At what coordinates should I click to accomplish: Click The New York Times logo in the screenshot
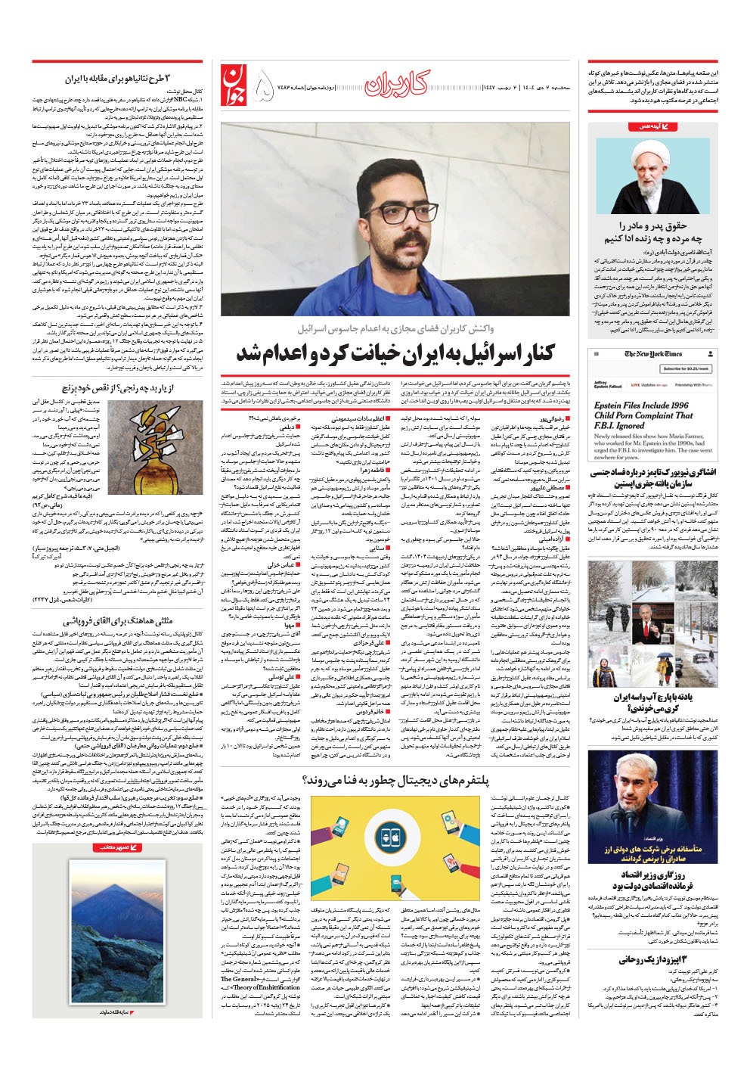[652, 354]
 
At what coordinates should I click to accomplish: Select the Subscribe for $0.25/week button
[685, 368]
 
